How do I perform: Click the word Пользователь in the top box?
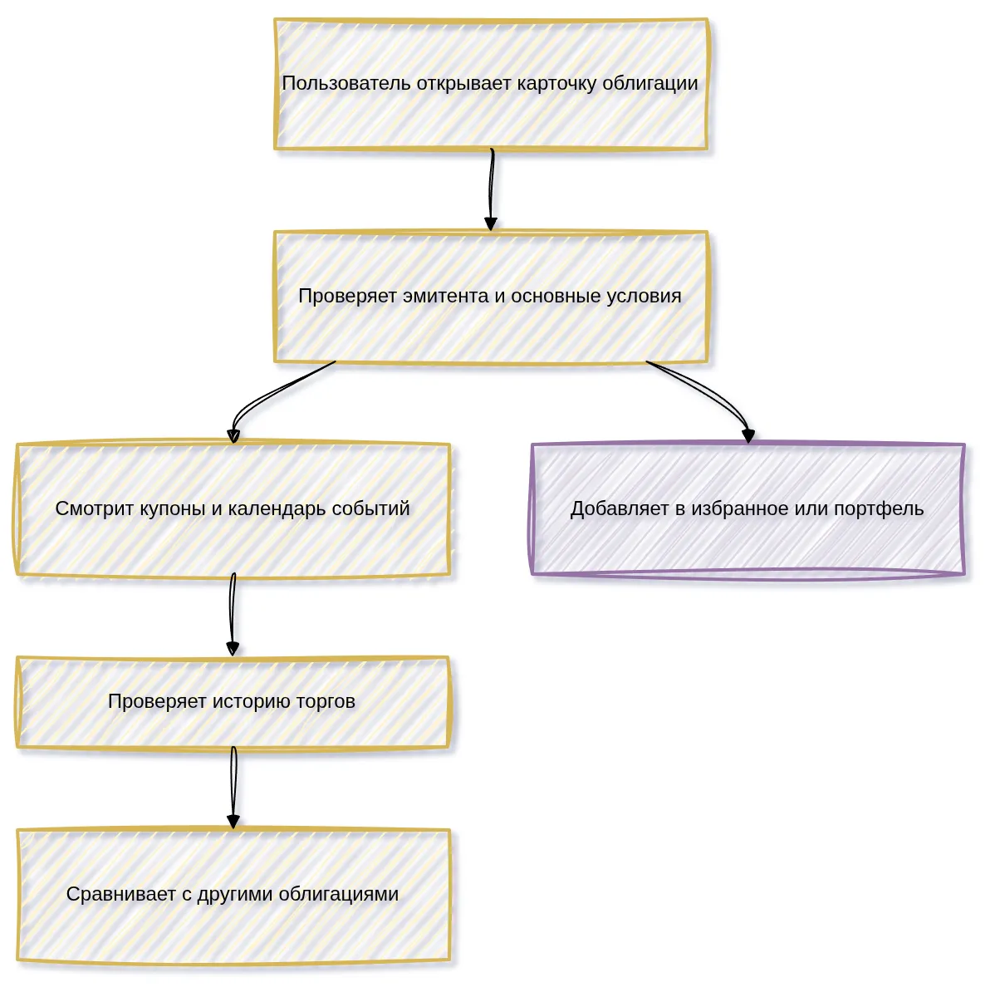click(346, 83)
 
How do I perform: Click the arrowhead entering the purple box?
click(749, 435)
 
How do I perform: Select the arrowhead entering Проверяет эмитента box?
click(491, 223)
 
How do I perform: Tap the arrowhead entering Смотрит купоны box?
click(233, 435)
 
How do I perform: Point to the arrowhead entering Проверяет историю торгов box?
click(233, 649)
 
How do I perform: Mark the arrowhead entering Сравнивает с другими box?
click(233, 821)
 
